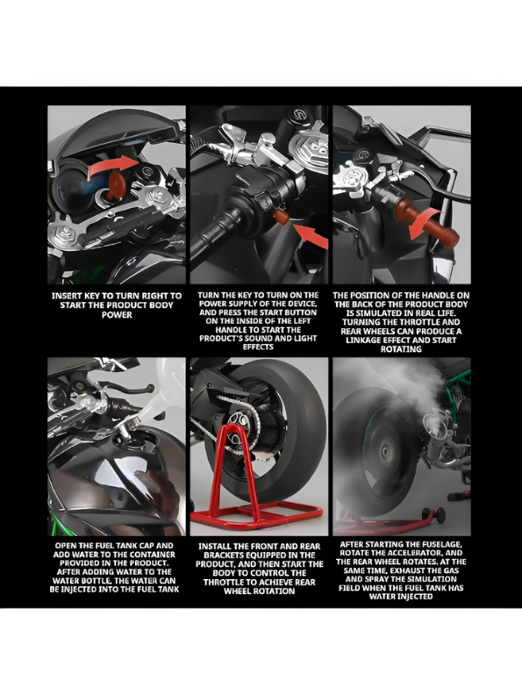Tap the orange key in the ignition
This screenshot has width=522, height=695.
coord(116,183)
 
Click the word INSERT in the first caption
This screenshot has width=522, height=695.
coord(69,296)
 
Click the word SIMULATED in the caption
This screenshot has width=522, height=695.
coord(379,312)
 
